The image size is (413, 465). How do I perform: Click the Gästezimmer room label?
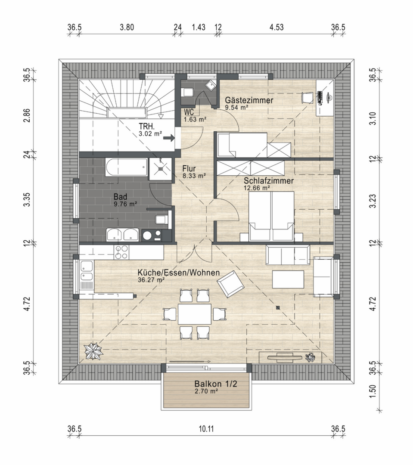[x=249, y=100]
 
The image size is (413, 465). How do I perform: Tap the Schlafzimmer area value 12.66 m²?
[x=257, y=188]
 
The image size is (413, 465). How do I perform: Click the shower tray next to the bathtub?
[x=160, y=168]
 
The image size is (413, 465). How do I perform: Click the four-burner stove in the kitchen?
[x=121, y=252]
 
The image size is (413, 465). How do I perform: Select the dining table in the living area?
[x=195, y=314]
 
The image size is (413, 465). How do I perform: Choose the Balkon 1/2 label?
[x=216, y=384]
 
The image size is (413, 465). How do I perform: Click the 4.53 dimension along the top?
[x=276, y=27]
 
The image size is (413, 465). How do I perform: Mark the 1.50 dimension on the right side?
[x=373, y=391]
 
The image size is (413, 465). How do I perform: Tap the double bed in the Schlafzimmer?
[x=271, y=216]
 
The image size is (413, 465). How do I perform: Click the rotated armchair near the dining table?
[x=230, y=284]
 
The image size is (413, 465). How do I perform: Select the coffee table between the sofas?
[x=288, y=279]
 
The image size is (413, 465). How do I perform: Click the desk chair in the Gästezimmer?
[x=307, y=97]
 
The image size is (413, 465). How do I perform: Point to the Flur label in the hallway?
[x=189, y=169]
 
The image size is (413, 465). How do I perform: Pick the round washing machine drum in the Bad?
[x=147, y=236]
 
